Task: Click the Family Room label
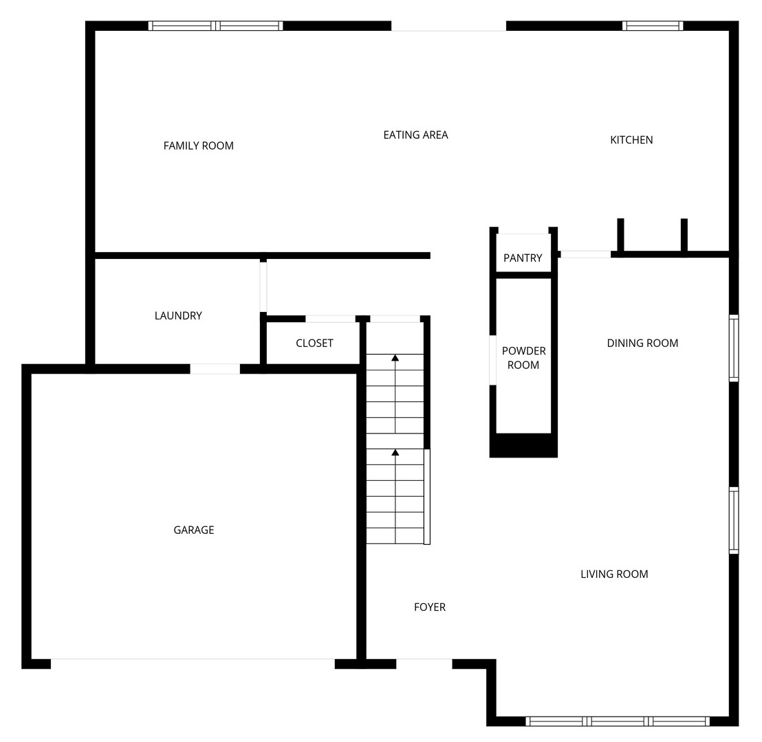coord(198,146)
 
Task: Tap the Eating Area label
coord(415,135)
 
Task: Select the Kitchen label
coord(631,140)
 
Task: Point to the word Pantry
coord(523,258)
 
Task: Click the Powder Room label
coord(523,358)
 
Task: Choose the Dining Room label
coord(642,343)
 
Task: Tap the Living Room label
coord(614,574)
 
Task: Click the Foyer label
coord(430,607)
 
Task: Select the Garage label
coord(194,530)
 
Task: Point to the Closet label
coord(314,344)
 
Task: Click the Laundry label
coord(178,316)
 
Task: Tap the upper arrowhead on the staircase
coord(395,358)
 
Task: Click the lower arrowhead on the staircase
coord(395,453)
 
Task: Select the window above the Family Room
coord(215,26)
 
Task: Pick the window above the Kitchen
coord(653,26)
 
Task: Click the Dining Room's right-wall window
coord(734,348)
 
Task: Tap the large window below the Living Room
coord(618,721)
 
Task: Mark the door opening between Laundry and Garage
coord(215,369)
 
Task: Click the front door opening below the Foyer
coord(424,664)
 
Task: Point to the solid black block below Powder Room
coord(523,445)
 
